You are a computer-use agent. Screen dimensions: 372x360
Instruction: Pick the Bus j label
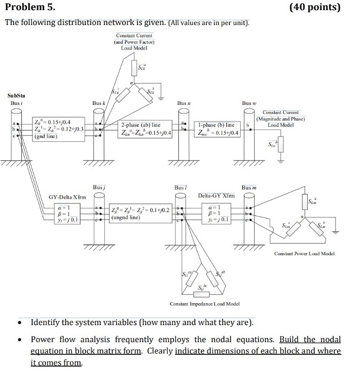coord(99,188)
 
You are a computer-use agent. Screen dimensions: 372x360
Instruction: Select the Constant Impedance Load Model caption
coord(204,304)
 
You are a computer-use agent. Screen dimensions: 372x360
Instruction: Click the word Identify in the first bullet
coord(49,323)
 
